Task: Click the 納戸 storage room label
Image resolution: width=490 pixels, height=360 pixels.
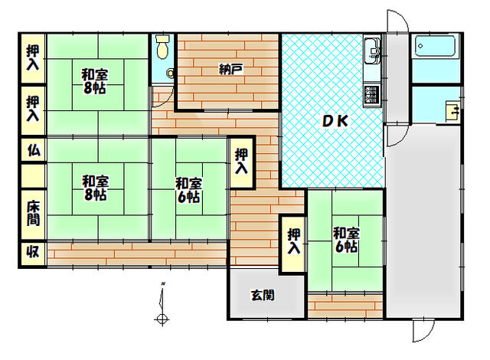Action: pos(230,69)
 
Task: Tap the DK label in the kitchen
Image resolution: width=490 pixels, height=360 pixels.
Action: pos(335,121)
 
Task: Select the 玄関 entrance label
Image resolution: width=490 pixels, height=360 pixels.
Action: pos(263,296)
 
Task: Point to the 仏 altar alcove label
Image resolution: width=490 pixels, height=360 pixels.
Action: pos(34,150)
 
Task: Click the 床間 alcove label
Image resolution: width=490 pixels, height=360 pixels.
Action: pos(34,214)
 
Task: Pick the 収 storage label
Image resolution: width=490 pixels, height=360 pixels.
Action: pos(33,251)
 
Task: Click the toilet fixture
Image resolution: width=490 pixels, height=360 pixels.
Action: pos(162,47)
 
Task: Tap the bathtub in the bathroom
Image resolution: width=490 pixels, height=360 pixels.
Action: pos(435,46)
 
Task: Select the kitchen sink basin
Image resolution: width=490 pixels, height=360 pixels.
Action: pos(372,51)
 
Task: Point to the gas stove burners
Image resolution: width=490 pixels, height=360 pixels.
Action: pos(372,95)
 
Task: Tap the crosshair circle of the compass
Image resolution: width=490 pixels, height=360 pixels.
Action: pos(162,319)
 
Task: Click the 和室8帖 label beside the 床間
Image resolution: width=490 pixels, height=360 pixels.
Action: pos(95,188)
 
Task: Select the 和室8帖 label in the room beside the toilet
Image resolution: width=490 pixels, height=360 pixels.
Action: pos(94,81)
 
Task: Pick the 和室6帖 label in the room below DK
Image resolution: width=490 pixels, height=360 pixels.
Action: pos(346,240)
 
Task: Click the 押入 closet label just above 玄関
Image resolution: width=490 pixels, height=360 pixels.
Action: pos(294,241)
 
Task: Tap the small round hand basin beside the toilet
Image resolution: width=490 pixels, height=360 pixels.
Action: pos(170,74)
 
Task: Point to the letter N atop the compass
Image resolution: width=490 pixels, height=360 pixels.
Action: pos(163,283)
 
